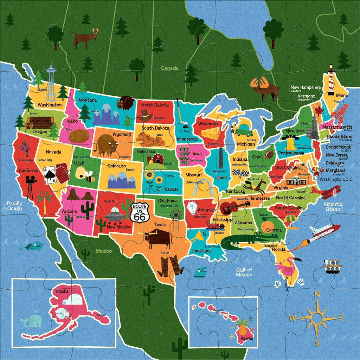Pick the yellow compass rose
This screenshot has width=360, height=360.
coord(317,318)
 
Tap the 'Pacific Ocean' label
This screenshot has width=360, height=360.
coord(14,206)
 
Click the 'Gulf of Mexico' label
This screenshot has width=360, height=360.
coord(244,272)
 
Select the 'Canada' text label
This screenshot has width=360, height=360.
coord(170,68)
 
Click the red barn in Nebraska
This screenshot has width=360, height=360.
coord(157,159)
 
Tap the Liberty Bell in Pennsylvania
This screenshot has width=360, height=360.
coord(290,144)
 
